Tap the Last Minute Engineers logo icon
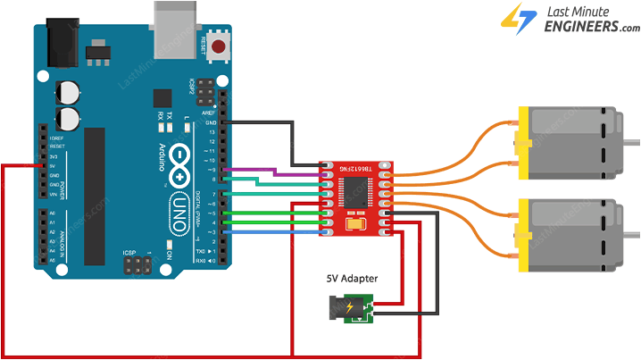(x=516, y=19)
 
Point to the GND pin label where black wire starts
(x=210, y=121)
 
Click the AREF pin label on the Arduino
(x=210, y=113)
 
